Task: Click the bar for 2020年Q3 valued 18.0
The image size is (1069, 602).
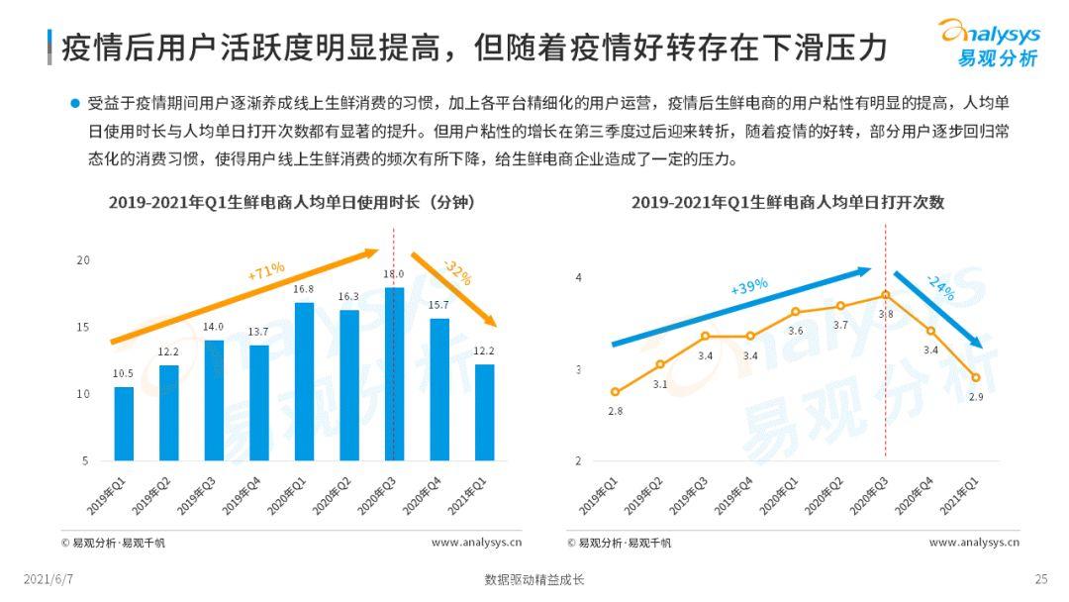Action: pos(394,374)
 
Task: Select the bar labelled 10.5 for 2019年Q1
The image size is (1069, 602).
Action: pos(124,424)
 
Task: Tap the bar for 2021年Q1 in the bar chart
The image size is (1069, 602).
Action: pos(484,412)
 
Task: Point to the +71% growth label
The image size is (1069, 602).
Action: pos(266,270)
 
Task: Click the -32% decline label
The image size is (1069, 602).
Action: pos(456,272)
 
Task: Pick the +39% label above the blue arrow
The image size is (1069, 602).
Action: pos(749,286)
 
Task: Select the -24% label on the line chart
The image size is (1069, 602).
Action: pos(940,288)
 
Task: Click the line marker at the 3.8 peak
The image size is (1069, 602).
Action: pos(885,295)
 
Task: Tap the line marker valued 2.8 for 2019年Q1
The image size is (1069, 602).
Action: pos(615,392)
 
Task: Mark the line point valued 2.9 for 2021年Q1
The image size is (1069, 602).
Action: pos(975,377)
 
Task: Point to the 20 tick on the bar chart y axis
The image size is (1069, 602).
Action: pos(83,260)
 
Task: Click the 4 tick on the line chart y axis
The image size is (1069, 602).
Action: pos(579,277)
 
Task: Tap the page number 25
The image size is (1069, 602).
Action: pos(1040,579)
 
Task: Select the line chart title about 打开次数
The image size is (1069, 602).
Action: pos(788,202)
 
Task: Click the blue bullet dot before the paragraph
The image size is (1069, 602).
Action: pos(73,102)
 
